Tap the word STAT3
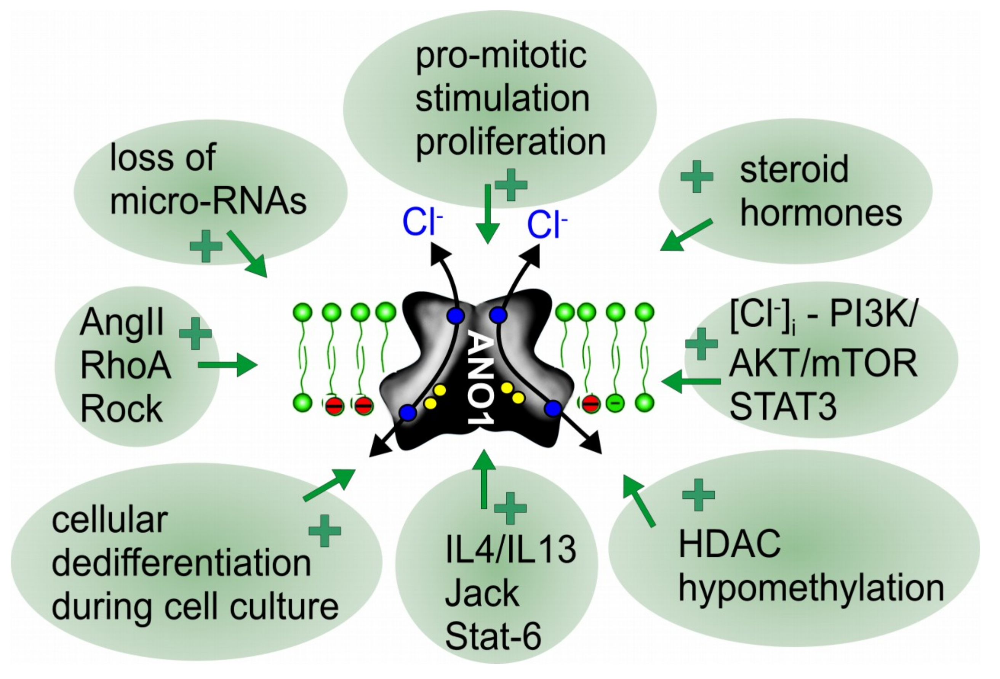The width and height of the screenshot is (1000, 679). [783, 407]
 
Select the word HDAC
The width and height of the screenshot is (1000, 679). [730, 543]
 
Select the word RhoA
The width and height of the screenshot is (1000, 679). [125, 365]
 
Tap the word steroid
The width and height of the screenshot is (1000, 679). [794, 169]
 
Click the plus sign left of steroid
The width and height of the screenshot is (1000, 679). [697, 176]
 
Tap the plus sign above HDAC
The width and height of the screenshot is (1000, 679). [698, 495]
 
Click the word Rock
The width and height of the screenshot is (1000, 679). [122, 408]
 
